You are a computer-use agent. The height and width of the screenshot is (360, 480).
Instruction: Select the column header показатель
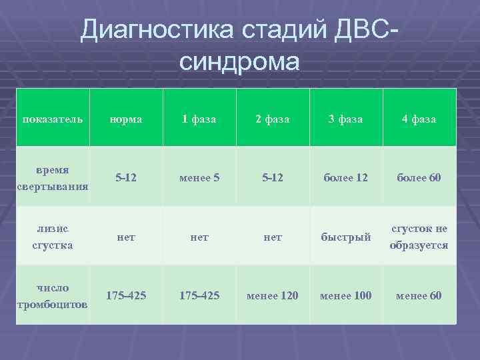[53, 119]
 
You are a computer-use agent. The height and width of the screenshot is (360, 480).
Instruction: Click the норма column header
[126, 119]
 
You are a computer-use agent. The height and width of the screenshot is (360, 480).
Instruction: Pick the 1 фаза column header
[199, 119]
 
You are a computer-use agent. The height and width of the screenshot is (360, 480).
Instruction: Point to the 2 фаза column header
[273, 119]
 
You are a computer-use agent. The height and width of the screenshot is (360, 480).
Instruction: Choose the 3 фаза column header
[346, 119]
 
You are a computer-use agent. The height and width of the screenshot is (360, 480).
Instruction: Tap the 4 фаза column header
[419, 119]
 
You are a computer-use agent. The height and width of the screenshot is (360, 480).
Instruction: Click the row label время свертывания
[53, 178]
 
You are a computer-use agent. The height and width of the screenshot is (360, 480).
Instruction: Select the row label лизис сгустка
[53, 237]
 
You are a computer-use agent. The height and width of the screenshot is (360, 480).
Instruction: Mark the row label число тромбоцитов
[53, 295]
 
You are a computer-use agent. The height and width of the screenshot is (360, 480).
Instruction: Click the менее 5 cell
[199, 178]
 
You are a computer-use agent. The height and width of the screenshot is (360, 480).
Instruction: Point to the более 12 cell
[346, 178]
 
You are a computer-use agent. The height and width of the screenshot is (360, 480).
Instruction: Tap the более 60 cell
[419, 178]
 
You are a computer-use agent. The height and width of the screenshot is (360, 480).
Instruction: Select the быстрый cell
[346, 237]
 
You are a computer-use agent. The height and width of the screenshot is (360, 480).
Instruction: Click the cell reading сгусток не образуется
[419, 237]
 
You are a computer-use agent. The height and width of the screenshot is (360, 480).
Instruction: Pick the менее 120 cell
[273, 295]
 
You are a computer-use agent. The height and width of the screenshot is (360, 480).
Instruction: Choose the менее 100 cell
[346, 295]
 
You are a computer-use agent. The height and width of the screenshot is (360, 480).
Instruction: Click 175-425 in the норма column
[126, 295]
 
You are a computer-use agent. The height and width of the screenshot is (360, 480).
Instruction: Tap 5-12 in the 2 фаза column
[273, 178]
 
